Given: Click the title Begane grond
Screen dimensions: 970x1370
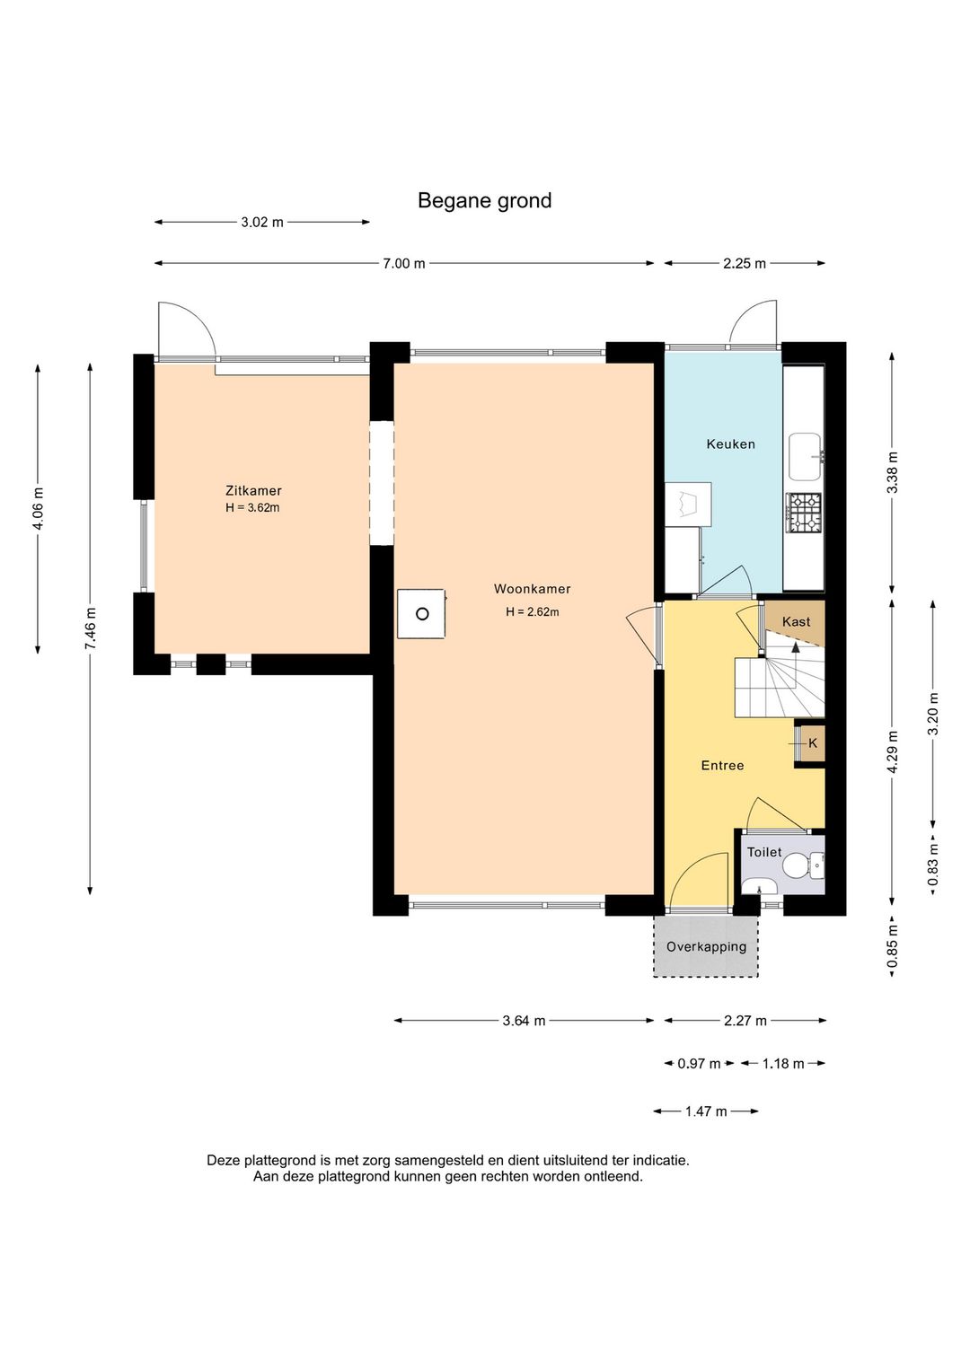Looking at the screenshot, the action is (485, 200).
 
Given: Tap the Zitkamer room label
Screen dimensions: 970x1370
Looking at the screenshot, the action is (253, 490).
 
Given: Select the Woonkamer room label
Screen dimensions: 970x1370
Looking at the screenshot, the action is (533, 589).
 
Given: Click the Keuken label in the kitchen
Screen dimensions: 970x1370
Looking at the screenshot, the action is (731, 444).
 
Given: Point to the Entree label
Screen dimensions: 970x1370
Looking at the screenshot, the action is (723, 765).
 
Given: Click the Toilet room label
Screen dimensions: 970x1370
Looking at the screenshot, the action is (764, 852).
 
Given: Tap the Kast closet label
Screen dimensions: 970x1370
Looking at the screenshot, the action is (796, 621).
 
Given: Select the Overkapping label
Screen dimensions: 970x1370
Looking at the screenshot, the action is (706, 947).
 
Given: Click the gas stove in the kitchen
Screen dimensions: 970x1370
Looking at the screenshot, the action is (804, 513).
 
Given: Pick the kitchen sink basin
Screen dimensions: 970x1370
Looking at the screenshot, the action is (805, 457).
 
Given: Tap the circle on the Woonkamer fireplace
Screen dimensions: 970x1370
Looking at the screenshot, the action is (422, 613).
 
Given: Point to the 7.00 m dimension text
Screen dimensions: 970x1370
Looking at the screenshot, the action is (404, 264).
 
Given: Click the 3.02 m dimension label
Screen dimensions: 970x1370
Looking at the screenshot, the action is (262, 222).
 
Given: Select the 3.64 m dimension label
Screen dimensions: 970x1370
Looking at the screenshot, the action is (524, 1020).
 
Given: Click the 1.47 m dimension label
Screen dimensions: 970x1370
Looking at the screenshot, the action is (706, 1111).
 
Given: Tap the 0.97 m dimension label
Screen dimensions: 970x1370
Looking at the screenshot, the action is (699, 1064).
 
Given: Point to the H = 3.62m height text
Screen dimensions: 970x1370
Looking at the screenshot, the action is (252, 507).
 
